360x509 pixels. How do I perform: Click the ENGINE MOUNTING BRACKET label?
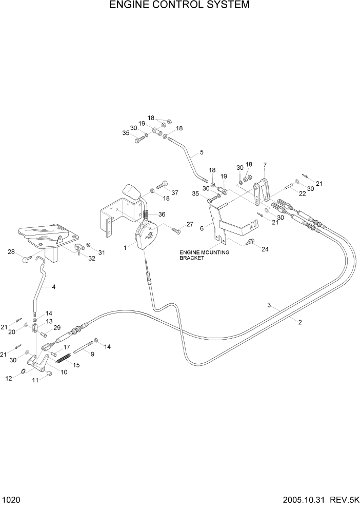[204, 256]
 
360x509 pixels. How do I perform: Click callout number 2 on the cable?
[299, 322]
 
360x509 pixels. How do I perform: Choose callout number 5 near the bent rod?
[202, 152]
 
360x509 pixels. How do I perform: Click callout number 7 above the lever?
[265, 165]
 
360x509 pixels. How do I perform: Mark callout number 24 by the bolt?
[265, 250]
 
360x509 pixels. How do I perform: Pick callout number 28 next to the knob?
[11, 251]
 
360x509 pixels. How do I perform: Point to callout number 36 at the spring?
[162, 214]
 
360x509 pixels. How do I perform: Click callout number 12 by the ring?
[9, 379]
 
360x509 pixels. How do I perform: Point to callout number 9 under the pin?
[92, 354]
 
